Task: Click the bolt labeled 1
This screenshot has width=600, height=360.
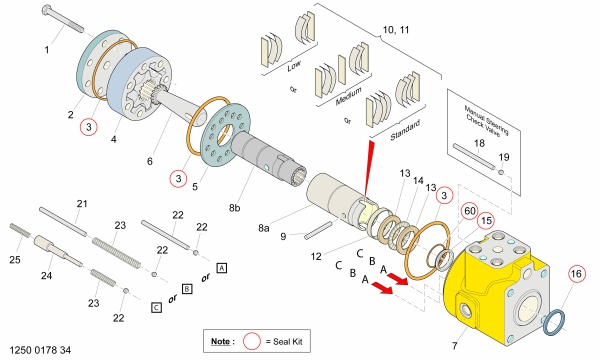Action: (x=63, y=19)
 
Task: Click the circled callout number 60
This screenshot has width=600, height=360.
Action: (x=470, y=211)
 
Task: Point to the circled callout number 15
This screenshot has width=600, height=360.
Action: (x=486, y=221)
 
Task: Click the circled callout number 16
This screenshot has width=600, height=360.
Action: (x=576, y=274)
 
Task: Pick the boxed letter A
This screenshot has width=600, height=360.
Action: (x=222, y=268)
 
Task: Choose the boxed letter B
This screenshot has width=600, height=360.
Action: (x=187, y=288)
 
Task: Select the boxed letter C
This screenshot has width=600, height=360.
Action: (x=157, y=308)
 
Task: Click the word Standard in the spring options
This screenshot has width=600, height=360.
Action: (x=405, y=130)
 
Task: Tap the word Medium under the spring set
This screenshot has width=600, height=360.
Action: (x=349, y=97)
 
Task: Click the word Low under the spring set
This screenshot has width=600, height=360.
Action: (x=294, y=66)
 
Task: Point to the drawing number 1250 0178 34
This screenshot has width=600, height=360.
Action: (x=40, y=350)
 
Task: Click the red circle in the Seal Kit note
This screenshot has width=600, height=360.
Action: (x=252, y=341)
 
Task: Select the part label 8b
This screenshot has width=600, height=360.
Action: (x=235, y=208)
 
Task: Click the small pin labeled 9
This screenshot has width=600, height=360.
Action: (x=318, y=231)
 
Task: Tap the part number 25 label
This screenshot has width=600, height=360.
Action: (x=15, y=260)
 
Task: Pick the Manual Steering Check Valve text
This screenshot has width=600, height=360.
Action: (x=486, y=119)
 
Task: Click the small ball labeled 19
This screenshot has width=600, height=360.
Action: (x=501, y=173)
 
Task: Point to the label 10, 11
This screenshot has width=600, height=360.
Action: (x=396, y=30)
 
